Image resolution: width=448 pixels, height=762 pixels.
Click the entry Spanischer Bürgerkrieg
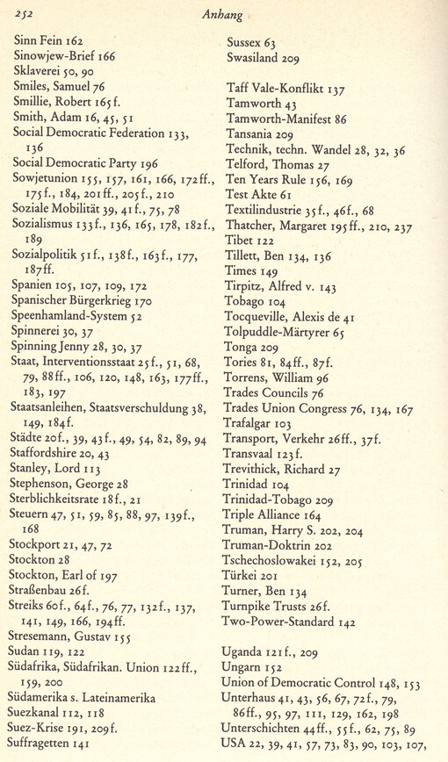pyautogui.click(x=71, y=301)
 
